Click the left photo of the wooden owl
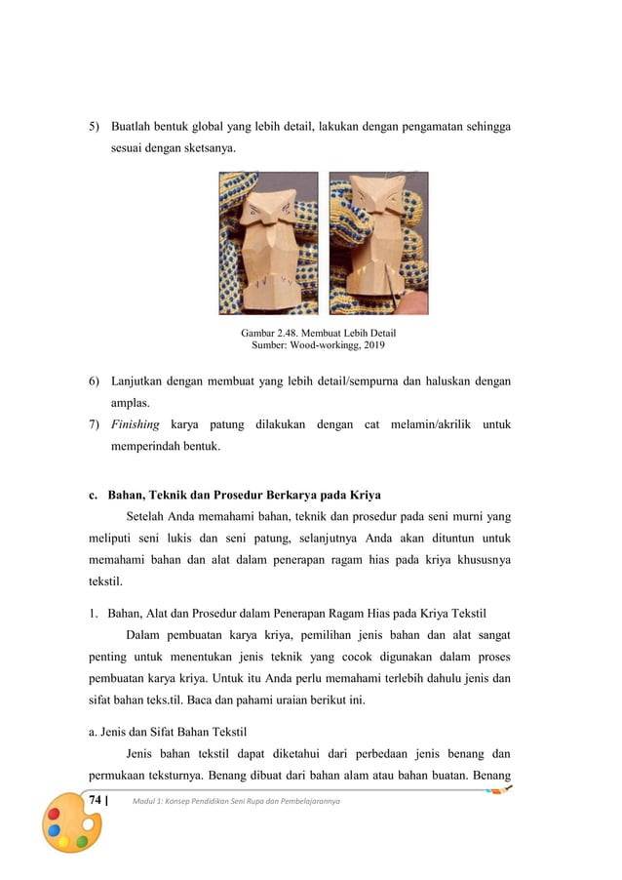tap(268, 244)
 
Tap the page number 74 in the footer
tap(96, 800)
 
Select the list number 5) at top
tap(95, 127)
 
